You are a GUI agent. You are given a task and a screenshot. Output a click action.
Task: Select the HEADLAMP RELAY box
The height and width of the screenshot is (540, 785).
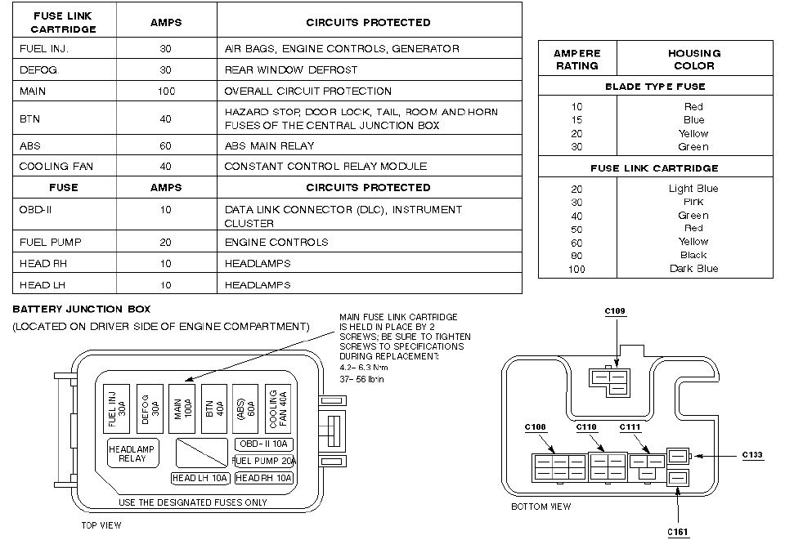132,453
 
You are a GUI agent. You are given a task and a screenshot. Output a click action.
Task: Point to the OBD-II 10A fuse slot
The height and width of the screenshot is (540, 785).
262,444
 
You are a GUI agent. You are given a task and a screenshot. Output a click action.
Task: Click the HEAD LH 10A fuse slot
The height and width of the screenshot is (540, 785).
199,478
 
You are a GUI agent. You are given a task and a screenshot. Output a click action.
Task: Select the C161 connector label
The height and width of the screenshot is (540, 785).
679,532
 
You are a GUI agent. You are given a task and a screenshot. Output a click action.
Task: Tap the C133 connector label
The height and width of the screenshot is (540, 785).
752,455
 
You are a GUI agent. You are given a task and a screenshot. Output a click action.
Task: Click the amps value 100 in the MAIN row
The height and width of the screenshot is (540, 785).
166,91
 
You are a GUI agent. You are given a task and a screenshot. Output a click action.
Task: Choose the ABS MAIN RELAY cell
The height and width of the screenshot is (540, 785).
269,145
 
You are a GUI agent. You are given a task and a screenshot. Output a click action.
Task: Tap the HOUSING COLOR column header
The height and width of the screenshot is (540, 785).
694,59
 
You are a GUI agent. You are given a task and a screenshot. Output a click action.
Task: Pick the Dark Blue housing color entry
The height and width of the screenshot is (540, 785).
693,269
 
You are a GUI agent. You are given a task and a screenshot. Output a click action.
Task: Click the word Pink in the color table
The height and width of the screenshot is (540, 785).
693,202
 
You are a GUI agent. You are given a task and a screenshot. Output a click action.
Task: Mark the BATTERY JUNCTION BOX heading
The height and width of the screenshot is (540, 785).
82,310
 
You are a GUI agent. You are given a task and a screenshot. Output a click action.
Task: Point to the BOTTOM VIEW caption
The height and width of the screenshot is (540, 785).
541,507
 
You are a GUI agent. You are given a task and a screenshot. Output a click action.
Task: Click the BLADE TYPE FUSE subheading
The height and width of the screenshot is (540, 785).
654,86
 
